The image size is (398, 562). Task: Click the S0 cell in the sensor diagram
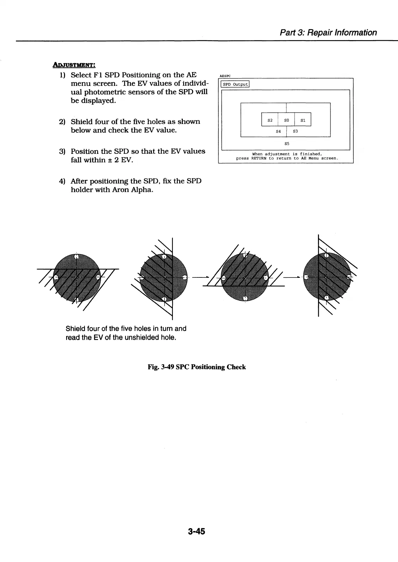(286, 120)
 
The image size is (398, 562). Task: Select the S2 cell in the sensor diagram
(270, 120)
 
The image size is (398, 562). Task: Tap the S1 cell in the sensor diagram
(303, 120)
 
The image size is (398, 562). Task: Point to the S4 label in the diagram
(278, 131)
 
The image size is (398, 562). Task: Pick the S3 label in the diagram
(295, 131)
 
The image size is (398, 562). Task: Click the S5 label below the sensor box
(287, 144)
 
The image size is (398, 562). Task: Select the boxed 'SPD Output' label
(235, 84)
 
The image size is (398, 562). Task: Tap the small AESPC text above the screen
(225, 76)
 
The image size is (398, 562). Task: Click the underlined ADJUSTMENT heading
(74, 65)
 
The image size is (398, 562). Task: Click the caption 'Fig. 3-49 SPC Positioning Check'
(197, 367)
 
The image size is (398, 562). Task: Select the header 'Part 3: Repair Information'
(328, 33)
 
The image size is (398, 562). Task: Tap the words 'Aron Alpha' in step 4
(132, 190)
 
